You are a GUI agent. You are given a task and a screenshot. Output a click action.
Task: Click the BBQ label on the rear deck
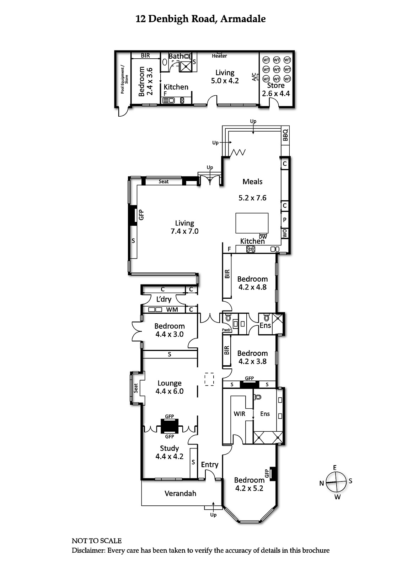coord(285,135)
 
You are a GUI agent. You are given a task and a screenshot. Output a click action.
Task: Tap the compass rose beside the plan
coord(336,482)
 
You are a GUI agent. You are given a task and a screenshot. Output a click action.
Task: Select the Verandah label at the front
coord(180,493)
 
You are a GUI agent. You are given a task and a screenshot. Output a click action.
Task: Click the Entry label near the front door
coord(210,464)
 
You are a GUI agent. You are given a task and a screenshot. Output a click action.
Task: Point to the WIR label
coord(240,414)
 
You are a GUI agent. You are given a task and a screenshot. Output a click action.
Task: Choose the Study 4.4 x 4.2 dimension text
coord(170,457)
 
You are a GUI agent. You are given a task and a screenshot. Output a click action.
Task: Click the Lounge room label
coord(170,383)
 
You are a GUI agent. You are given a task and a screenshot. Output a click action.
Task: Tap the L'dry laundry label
coord(164,299)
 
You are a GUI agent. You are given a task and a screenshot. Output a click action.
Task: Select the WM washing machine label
coord(172,310)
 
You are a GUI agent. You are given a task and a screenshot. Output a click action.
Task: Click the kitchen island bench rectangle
coord(252,223)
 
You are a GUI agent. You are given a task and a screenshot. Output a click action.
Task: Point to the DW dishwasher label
coord(263,236)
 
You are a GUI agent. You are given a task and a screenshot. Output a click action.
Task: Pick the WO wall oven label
coord(285,233)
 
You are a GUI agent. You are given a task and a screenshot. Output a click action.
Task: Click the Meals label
coord(252,182)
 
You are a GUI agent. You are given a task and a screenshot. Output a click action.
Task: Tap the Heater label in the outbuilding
coord(219,56)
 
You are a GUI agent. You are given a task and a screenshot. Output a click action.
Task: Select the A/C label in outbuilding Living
coord(254,77)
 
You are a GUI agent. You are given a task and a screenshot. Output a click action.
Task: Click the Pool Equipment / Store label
coord(124,80)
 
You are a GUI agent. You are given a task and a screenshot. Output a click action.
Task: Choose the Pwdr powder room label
coord(227,330)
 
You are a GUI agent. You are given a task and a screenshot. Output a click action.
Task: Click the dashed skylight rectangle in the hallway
coord(209,379)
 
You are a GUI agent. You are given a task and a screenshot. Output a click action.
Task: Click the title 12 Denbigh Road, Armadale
coord(200,19)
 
